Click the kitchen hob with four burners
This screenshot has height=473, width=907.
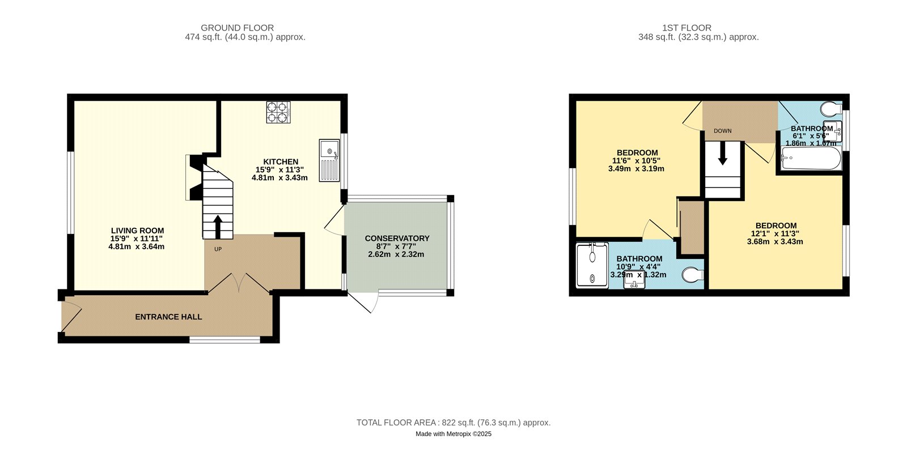pos(278,112)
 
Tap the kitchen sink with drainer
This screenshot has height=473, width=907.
pos(329,161)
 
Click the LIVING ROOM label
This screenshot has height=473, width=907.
pos(137,231)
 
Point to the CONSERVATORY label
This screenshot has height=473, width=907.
pos(397,238)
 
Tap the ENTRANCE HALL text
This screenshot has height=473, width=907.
pos(168,317)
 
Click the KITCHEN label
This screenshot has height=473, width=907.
pos(281,162)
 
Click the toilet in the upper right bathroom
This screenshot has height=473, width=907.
pos(832,108)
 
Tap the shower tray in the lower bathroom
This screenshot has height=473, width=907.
pos(592,265)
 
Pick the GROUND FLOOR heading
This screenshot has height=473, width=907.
pos(237,28)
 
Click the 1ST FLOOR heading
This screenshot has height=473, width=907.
pos(686,28)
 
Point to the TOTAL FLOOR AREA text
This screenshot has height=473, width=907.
pos(453,423)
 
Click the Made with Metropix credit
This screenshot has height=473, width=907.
pos(453,434)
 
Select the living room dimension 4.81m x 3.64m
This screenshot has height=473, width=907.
pos(137,246)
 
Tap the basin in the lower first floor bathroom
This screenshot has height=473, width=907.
pos(634,282)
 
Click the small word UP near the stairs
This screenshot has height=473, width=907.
pos(218,249)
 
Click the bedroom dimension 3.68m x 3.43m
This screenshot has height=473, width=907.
pos(775,241)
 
